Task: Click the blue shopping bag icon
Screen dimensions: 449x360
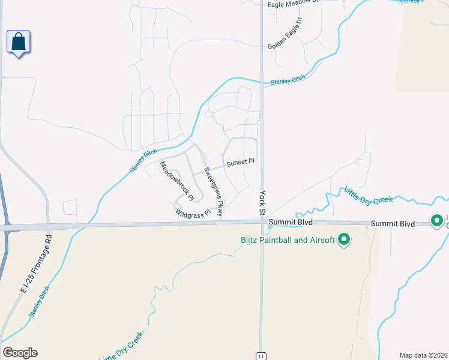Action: point(19,42)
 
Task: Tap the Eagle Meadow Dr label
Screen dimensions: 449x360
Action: point(292,4)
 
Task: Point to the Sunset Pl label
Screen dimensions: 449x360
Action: point(241,162)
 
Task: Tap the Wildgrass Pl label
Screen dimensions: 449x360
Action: point(193,212)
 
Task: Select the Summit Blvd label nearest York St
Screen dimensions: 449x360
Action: point(291,222)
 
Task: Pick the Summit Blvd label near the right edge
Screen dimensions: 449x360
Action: point(393,223)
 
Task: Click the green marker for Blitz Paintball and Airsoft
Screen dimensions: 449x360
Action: point(344,240)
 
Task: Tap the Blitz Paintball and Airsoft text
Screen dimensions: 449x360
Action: point(287,241)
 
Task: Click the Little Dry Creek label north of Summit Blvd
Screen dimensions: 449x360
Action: point(368,194)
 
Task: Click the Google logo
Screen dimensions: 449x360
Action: point(20,353)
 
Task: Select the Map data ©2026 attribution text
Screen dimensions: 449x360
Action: point(423,355)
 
